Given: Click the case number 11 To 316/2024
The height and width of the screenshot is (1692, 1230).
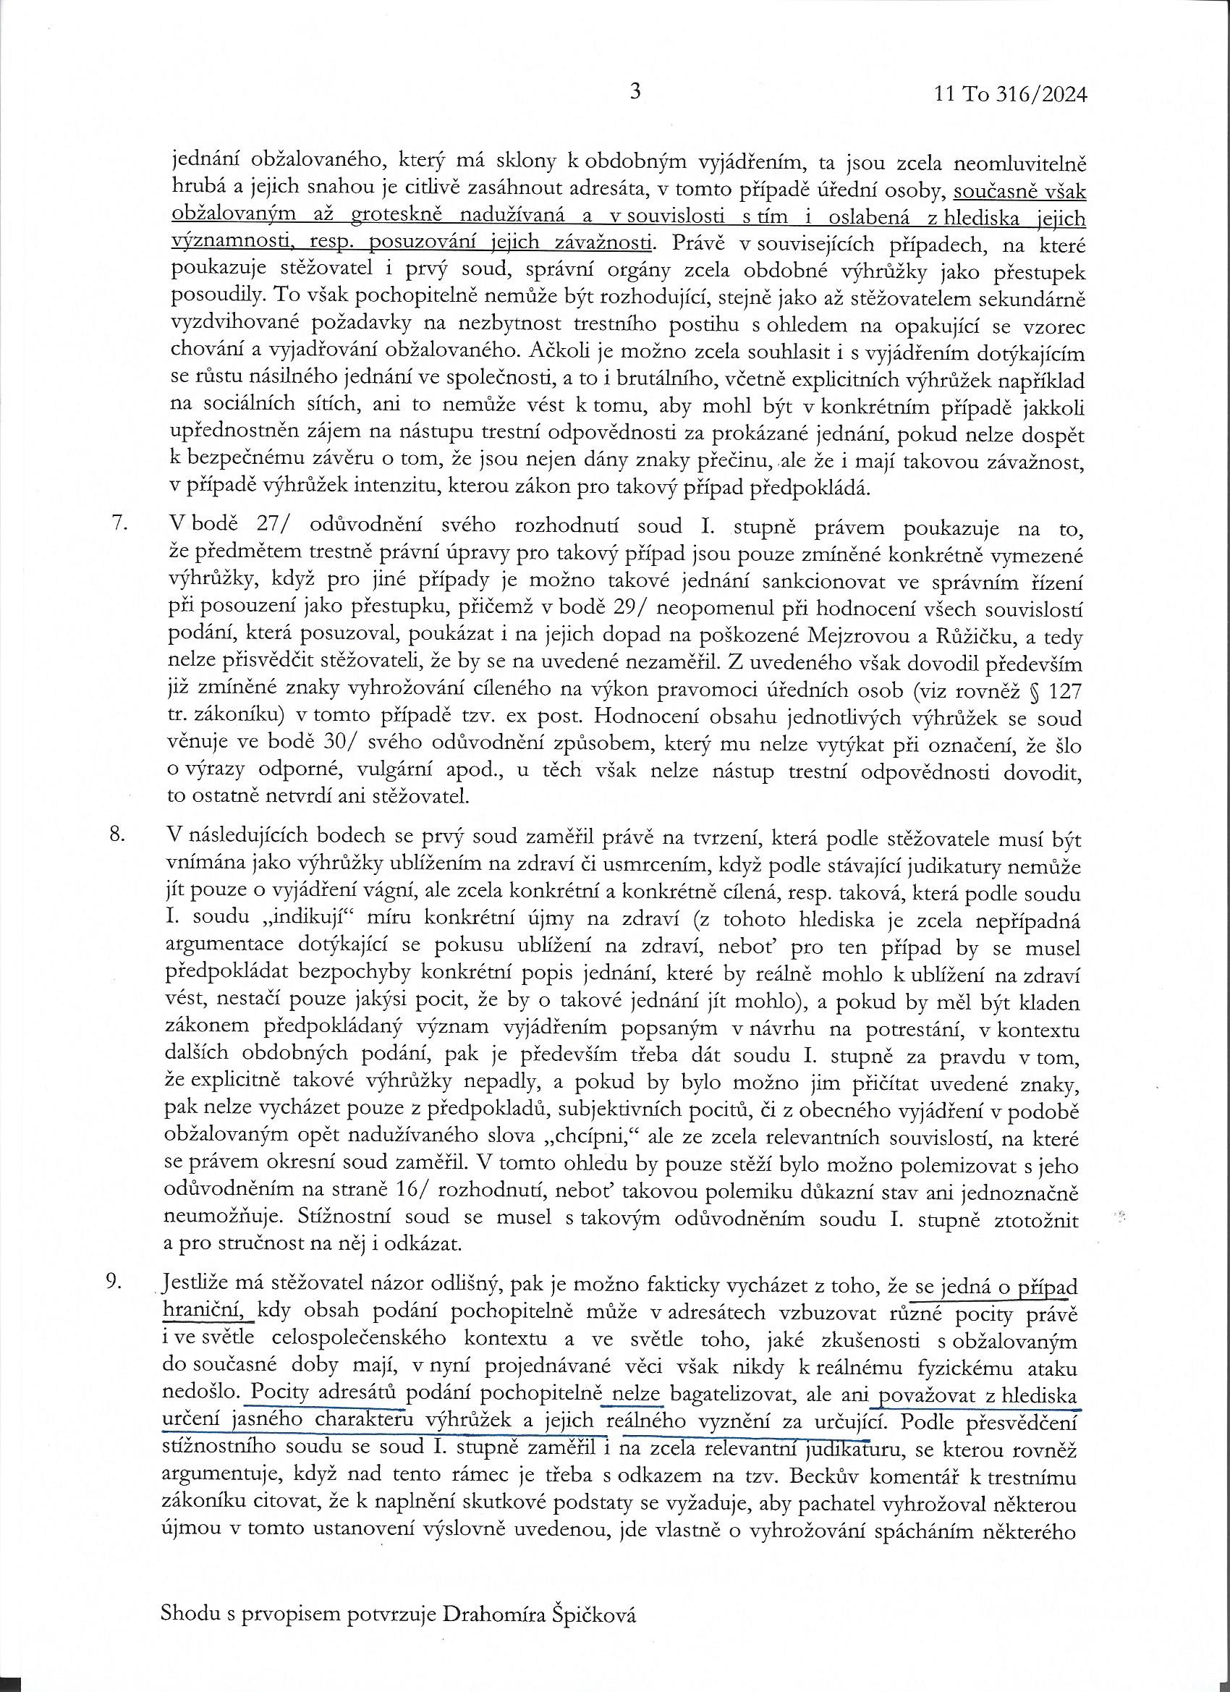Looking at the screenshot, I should tap(1009, 95).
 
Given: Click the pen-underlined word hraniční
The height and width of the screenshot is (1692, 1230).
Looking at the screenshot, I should tap(206, 1309).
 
